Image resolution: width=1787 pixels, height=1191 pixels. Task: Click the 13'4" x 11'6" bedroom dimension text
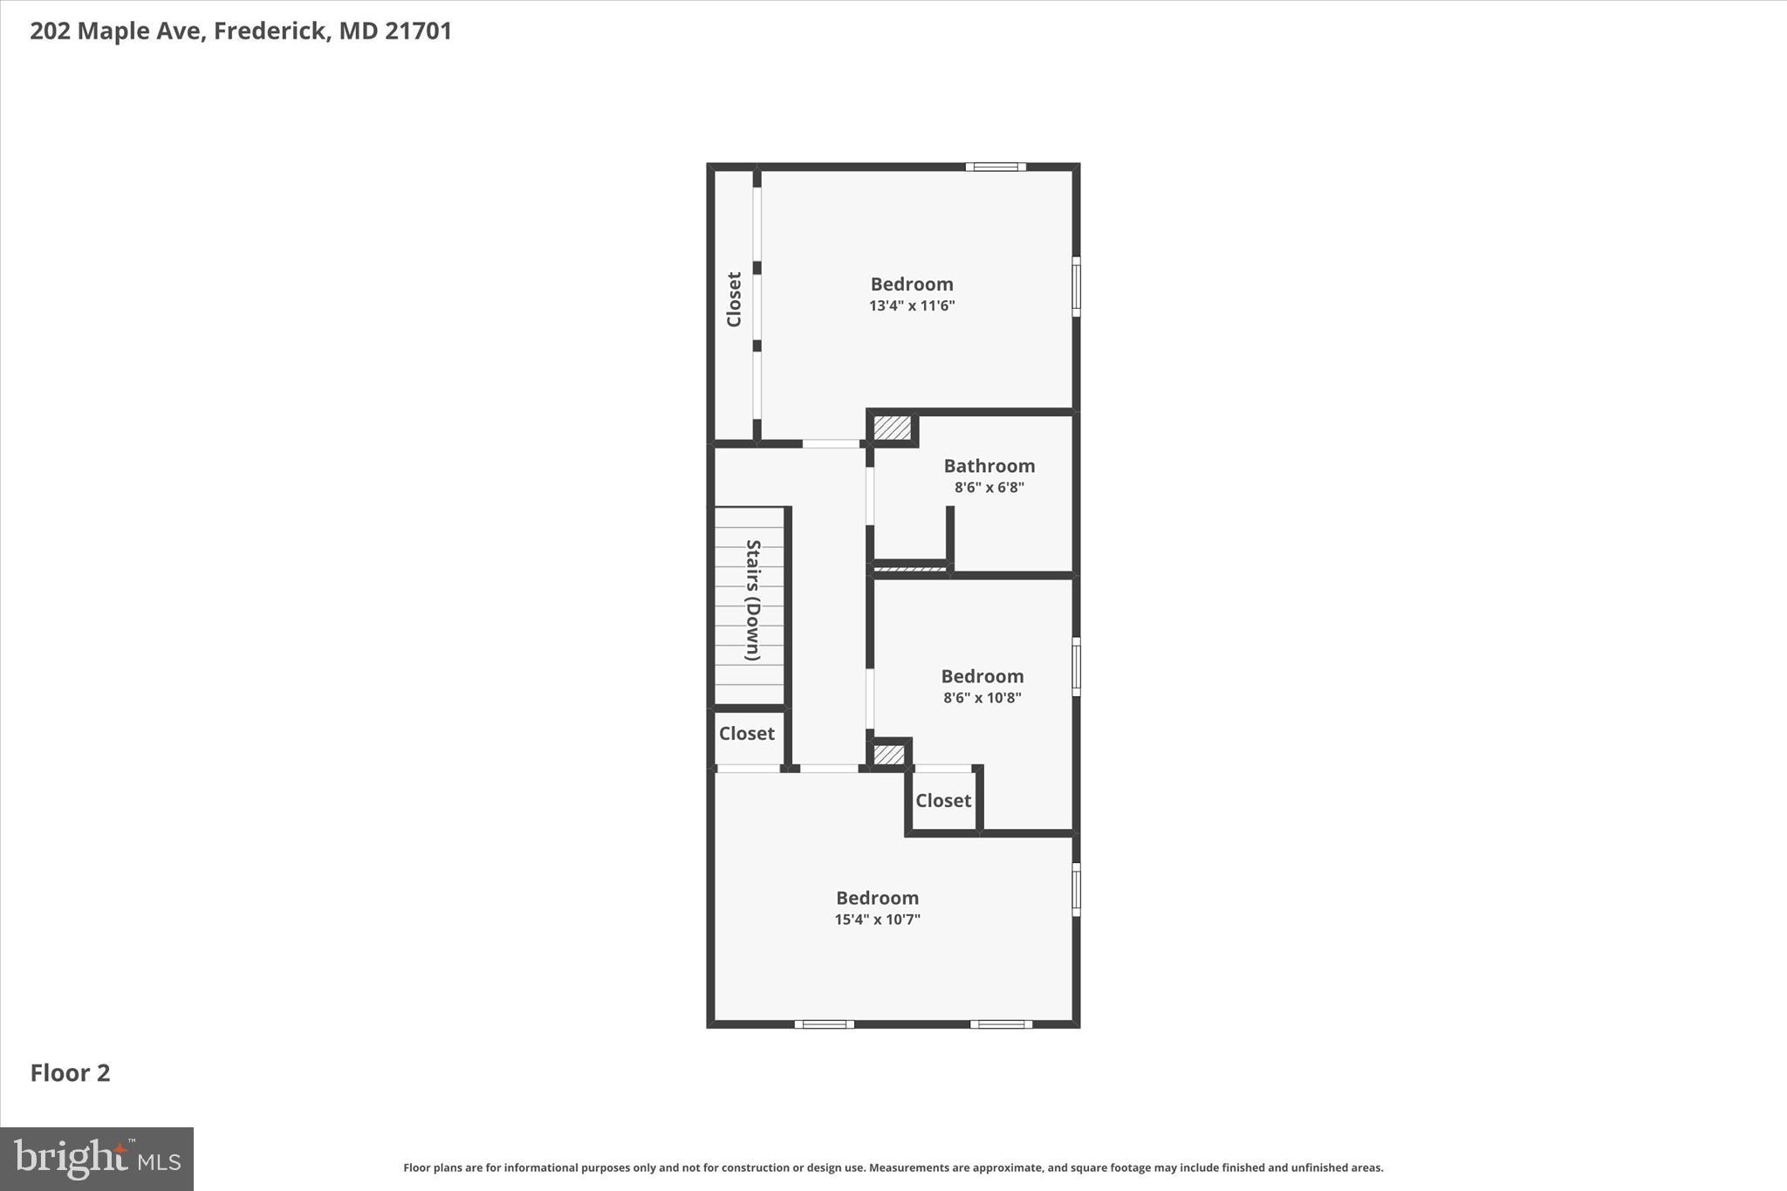coord(912,306)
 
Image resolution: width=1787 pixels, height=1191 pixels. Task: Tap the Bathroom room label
coord(989,466)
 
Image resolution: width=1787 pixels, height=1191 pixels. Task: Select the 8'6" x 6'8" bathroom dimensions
coord(989,488)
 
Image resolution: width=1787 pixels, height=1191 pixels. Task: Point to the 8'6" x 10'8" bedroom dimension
coord(982,698)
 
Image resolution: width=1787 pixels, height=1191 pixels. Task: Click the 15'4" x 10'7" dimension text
coord(877,920)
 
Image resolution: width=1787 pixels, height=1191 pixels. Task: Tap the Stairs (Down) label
coord(752,600)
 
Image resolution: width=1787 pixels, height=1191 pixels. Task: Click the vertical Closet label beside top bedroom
coord(734,299)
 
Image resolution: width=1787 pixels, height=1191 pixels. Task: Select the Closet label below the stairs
coord(746,734)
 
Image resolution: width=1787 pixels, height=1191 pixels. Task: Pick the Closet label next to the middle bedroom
coord(942,801)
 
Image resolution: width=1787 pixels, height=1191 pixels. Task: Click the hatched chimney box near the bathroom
coord(892,428)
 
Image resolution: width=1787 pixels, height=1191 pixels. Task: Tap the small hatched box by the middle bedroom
coord(889,754)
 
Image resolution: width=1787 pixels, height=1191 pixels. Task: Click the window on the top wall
coord(995,167)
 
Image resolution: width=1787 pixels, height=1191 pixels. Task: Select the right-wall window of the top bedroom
coord(1076,286)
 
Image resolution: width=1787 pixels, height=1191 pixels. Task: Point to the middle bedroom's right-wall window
coord(1076,667)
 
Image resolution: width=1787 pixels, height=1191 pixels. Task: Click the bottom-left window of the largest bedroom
coord(824,1024)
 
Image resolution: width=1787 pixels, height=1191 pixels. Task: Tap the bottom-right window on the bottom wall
coord(1001,1024)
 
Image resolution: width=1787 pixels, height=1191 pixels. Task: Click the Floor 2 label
coord(71,1073)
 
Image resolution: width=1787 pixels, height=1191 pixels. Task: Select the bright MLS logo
coord(97,1159)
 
